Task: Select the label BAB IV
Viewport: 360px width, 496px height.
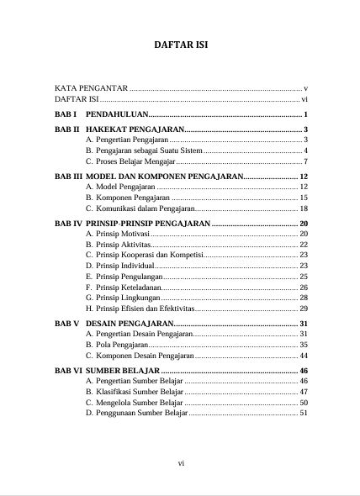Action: point(68,224)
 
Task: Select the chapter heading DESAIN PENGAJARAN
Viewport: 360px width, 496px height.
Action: point(130,324)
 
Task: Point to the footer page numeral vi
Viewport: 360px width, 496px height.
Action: point(180,462)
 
